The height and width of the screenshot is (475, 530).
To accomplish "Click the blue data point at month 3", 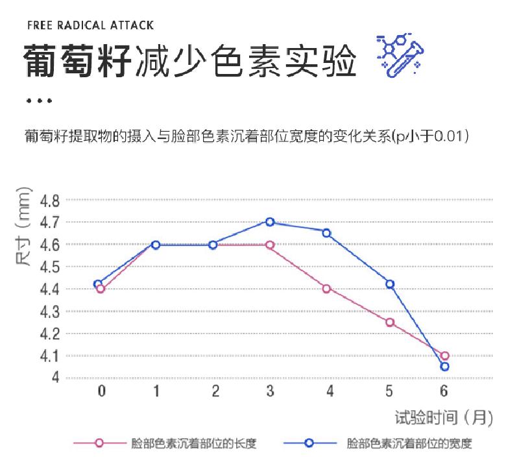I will tap(270, 222).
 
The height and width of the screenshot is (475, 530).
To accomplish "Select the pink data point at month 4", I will tap(327, 289).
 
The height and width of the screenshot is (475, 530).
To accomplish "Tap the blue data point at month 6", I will tap(444, 367).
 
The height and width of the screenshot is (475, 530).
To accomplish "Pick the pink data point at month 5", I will tap(390, 323).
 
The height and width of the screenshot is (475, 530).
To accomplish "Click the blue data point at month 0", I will tap(98, 284).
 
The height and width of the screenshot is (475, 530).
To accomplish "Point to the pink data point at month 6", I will tap(444, 356).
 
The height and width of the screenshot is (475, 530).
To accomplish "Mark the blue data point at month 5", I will tap(390, 284).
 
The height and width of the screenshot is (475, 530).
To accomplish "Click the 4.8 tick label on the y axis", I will tap(50, 201).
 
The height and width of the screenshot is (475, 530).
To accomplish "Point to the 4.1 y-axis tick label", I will tap(50, 356).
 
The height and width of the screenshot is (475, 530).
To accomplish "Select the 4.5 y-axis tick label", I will tap(50, 267).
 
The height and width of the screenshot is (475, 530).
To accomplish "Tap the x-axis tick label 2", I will tap(215, 391).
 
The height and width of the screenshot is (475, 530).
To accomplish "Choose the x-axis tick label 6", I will tap(444, 391).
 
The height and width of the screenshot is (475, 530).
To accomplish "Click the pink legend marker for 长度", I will tap(99, 444).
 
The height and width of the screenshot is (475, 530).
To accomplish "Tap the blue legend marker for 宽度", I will tap(309, 444).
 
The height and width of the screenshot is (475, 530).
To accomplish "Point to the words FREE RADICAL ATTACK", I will tap(91, 25).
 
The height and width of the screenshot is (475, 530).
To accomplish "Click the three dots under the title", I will tap(39, 101).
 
